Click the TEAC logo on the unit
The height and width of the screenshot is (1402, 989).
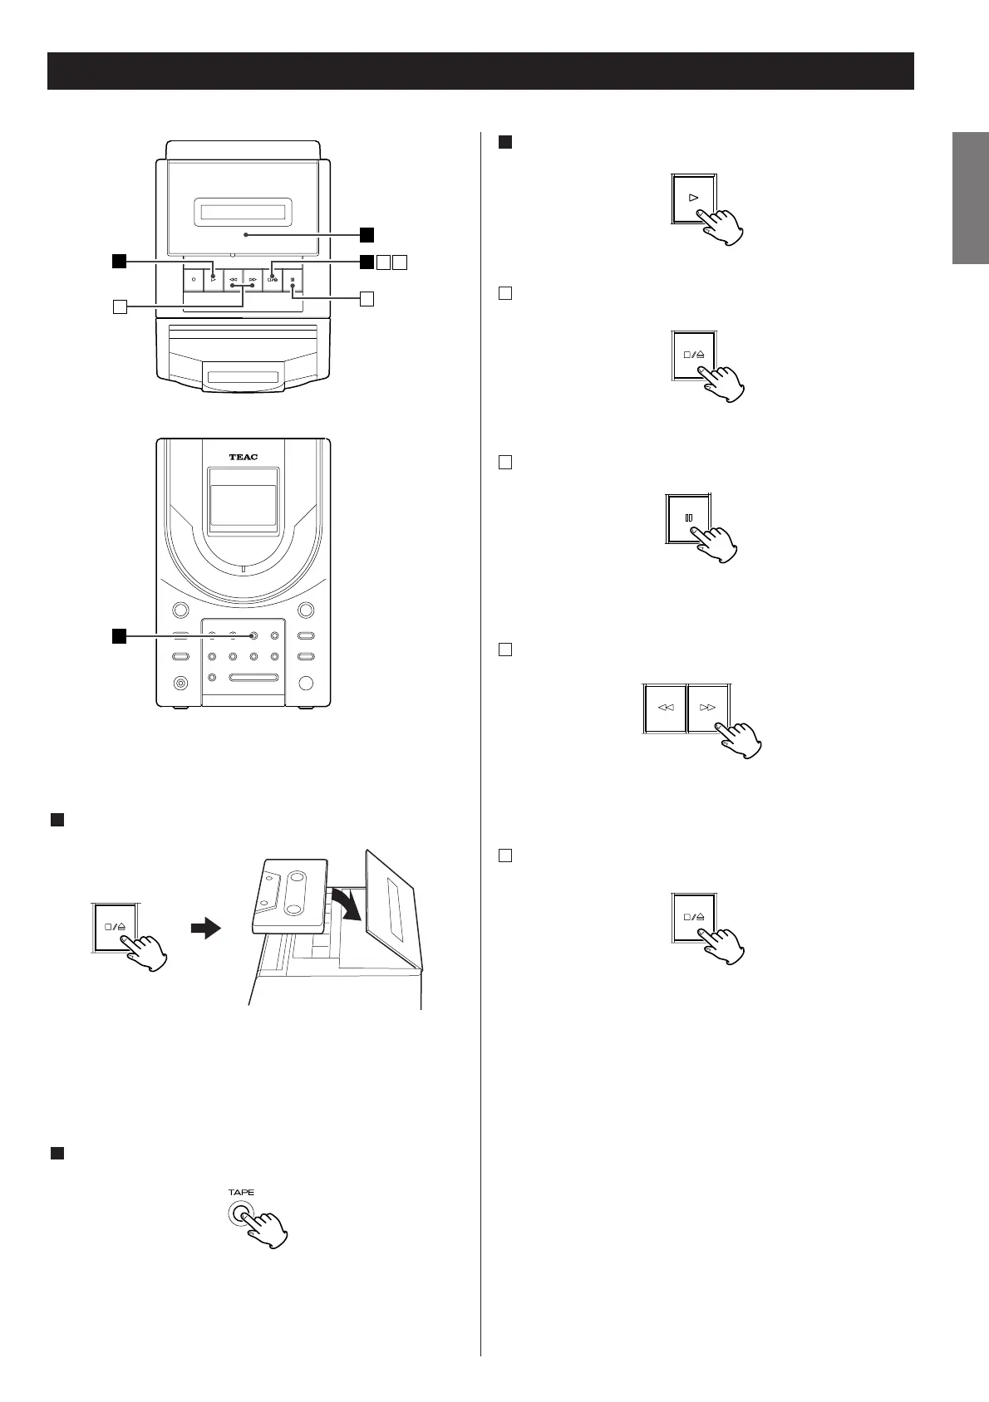tap(244, 457)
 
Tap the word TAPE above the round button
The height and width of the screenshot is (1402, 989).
tap(241, 1192)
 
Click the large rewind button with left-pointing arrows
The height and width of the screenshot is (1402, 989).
tap(666, 708)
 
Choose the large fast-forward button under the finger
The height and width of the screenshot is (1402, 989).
tap(708, 708)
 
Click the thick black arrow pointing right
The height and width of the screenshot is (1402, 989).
tap(204, 928)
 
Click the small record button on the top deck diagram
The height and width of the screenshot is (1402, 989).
tap(192, 279)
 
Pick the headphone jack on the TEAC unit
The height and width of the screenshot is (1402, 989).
tap(180, 684)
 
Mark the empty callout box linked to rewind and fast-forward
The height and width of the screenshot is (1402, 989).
tap(120, 307)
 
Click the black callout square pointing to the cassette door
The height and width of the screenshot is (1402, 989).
tap(367, 234)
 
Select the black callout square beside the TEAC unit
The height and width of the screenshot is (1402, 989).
tap(120, 636)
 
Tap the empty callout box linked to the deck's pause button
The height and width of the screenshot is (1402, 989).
tap(367, 297)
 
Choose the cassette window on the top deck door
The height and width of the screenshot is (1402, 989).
tap(243, 213)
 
